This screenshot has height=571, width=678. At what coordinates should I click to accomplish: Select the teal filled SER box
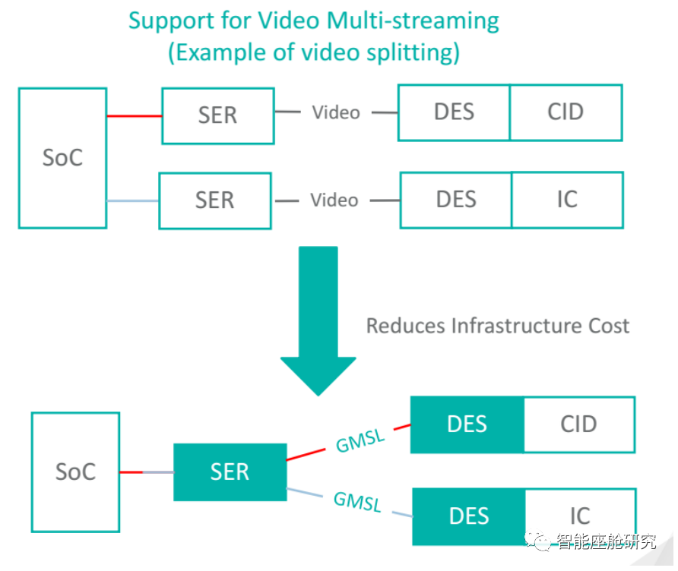pyautogui.click(x=230, y=472)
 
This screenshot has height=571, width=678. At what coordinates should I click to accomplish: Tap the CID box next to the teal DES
pyautogui.click(x=578, y=424)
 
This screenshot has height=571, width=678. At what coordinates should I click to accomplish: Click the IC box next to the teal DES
pyautogui.click(x=580, y=516)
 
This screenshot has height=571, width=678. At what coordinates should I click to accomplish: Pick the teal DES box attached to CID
pyautogui.click(x=467, y=424)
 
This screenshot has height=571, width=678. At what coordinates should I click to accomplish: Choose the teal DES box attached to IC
pyautogui.click(x=468, y=516)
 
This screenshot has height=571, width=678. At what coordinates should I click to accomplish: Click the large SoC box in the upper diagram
pyautogui.click(x=62, y=158)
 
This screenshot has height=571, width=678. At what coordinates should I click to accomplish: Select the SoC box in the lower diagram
pyautogui.click(x=75, y=472)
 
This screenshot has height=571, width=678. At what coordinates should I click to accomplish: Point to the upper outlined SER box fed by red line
pyautogui.click(x=217, y=115)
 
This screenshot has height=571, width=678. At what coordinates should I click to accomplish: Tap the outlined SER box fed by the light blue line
pyautogui.click(x=214, y=200)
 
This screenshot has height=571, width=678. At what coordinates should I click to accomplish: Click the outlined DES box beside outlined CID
pyautogui.click(x=455, y=112)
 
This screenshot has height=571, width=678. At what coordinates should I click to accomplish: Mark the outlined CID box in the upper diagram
pyautogui.click(x=566, y=112)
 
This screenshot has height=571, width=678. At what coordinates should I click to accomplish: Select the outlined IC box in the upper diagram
pyautogui.click(x=567, y=200)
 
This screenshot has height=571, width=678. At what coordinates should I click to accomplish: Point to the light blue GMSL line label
pyautogui.click(x=357, y=501)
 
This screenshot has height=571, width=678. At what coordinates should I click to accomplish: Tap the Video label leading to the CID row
pyautogui.click(x=336, y=112)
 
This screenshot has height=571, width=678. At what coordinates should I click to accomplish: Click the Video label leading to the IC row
pyautogui.click(x=334, y=200)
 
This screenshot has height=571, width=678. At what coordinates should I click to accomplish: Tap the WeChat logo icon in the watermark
pyautogui.click(x=541, y=541)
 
